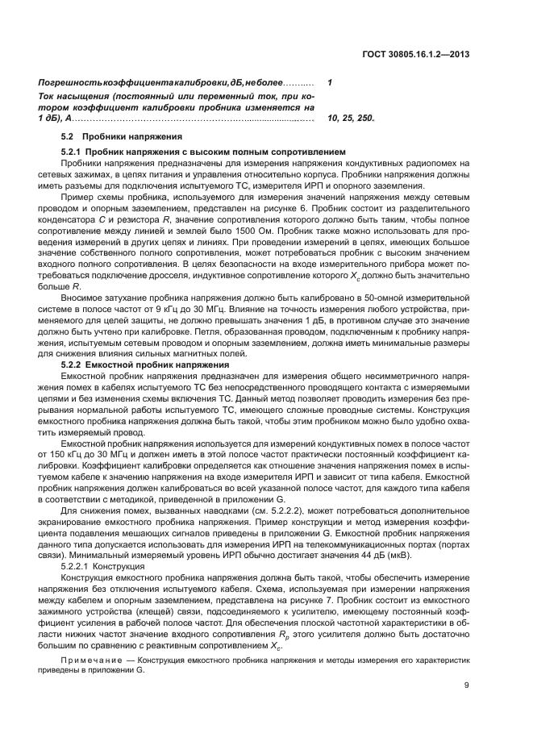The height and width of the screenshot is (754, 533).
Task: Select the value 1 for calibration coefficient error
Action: [x=330, y=83]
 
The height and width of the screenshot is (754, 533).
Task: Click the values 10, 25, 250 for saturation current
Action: [x=351, y=118]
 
